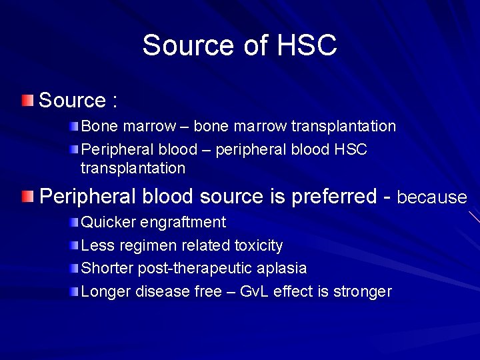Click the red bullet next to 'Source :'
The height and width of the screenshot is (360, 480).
click(26, 101)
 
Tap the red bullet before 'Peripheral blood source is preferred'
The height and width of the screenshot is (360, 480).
click(26, 197)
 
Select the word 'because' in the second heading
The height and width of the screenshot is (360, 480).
click(432, 197)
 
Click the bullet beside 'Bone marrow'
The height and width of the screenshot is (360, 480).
click(75, 126)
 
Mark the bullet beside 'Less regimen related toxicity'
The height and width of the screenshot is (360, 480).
click(75, 245)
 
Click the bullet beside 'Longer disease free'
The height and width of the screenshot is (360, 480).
click(75, 291)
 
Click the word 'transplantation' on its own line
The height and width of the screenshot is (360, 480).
click(133, 169)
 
